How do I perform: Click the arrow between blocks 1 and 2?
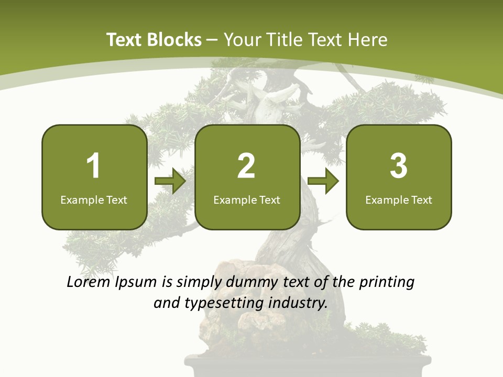pyautogui.click(x=170, y=181)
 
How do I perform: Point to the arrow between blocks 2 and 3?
pyautogui.click(x=323, y=181)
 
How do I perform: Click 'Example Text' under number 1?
pyautogui.click(x=94, y=199)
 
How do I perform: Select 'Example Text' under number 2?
pyautogui.click(x=247, y=199)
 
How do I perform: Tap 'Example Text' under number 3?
pyautogui.click(x=399, y=199)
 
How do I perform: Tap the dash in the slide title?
pyautogui.click(x=213, y=40)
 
